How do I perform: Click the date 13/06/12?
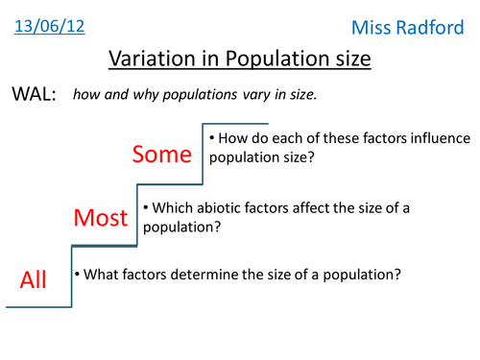49,26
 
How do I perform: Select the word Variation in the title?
154,60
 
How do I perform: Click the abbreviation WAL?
34,96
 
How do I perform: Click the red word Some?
162,154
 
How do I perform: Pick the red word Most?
101,218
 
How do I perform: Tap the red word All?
33,279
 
